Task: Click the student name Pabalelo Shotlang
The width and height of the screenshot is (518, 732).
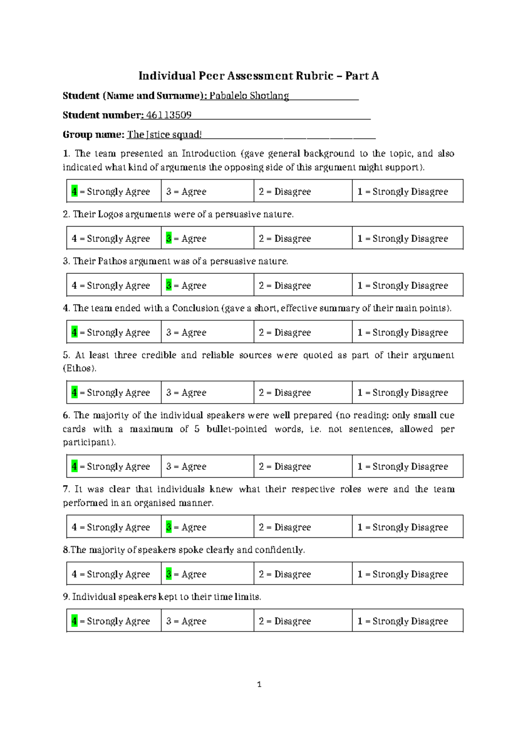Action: pyautogui.click(x=249, y=96)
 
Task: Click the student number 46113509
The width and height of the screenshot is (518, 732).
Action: pyautogui.click(x=169, y=115)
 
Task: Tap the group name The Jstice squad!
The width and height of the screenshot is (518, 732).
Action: pyautogui.click(x=164, y=135)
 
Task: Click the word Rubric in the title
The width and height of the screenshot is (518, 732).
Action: pyautogui.click(x=314, y=76)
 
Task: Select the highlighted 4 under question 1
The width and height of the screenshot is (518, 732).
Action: pyautogui.click(x=74, y=192)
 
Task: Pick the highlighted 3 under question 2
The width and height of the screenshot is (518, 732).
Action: pyautogui.click(x=169, y=239)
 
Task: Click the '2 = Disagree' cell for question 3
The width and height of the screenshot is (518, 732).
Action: pyautogui.click(x=285, y=286)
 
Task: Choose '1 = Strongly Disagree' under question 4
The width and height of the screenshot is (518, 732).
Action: pyautogui.click(x=403, y=333)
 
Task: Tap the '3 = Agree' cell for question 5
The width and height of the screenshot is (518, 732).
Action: pyautogui.click(x=186, y=393)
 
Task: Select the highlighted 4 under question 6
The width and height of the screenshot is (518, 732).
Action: pyautogui.click(x=74, y=467)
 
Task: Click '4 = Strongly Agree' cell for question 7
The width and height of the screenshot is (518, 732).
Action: pyautogui.click(x=111, y=527)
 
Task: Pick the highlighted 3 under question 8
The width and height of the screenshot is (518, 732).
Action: pyautogui.click(x=169, y=574)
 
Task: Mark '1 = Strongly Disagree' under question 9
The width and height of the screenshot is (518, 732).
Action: pyautogui.click(x=403, y=622)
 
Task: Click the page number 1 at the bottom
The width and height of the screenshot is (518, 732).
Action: pyautogui.click(x=259, y=685)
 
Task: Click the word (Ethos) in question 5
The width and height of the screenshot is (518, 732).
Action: pyautogui.click(x=79, y=369)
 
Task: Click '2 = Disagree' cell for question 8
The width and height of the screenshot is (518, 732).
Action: pyautogui.click(x=285, y=574)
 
